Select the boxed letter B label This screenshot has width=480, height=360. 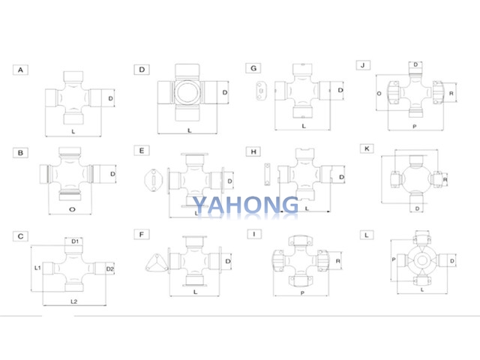pyautogui.click(x=20, y=152)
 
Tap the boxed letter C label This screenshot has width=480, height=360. pyautogui.click(x=20, y=236)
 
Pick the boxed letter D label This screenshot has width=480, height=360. pyautogui.click(x=141, y=69)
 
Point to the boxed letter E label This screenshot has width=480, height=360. pyautogui.click(x=141, y=151)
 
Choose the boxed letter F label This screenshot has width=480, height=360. pyautogui.click(x=141, y=235)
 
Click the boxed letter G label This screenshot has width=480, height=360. pyautogui.click(x=254, y=68)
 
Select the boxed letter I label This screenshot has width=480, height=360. pyautogui.click(x=254, y=234)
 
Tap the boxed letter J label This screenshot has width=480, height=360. pyautogui.click(x=363, y=66)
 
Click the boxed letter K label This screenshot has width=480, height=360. pyautogui.click(x=366, y=148)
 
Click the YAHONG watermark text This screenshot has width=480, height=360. pyautogui.click(x=244, y=205)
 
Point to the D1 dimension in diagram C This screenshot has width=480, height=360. pyautogui.click(x=75, y=241)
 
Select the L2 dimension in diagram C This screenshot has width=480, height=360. pyautogui.click(x=74, y=300)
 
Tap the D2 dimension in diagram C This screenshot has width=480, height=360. pyautogui.click(x=109, y=268)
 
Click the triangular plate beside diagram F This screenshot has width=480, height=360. pyautogui.click(x=157, y=262)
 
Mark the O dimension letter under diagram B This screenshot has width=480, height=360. pyautogui.click(x=71, y=208)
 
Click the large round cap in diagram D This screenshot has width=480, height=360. pyautogui.click(x=187, y=93)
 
